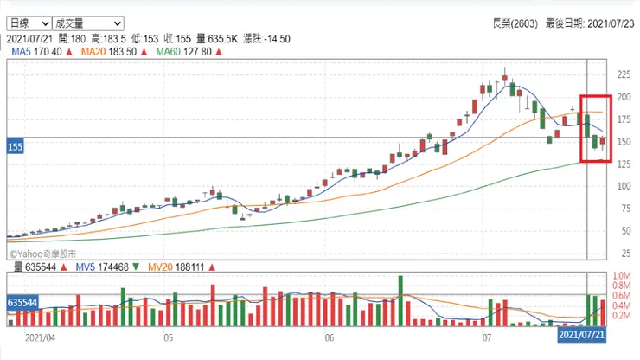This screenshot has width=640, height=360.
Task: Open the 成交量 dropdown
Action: [x=87, y=23]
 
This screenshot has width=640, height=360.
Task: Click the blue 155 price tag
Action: [x=14, y=148]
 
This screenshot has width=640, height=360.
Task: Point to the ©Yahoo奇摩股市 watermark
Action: [x=42, y=254]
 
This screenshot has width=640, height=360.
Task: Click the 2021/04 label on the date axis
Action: [x=40, y=339]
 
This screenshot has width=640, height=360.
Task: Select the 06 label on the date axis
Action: [x=328, y=339]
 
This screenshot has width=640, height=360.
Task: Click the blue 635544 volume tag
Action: [x=23, y=304]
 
